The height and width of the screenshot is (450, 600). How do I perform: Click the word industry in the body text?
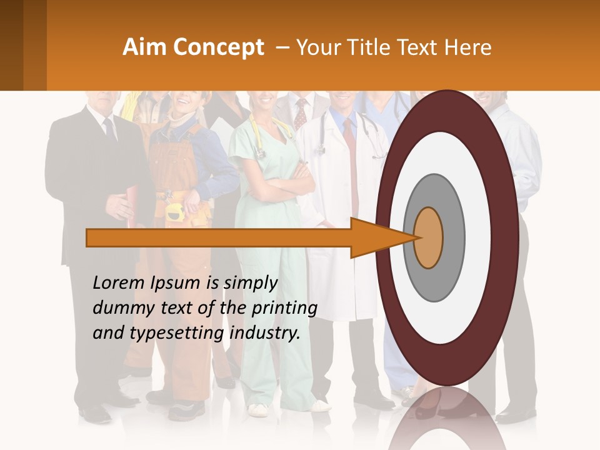click(x=264, y=333)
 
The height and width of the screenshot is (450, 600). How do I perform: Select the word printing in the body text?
click(x=284, y=308)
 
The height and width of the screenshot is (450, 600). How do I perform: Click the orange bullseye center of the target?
click(x=428, y=237)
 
